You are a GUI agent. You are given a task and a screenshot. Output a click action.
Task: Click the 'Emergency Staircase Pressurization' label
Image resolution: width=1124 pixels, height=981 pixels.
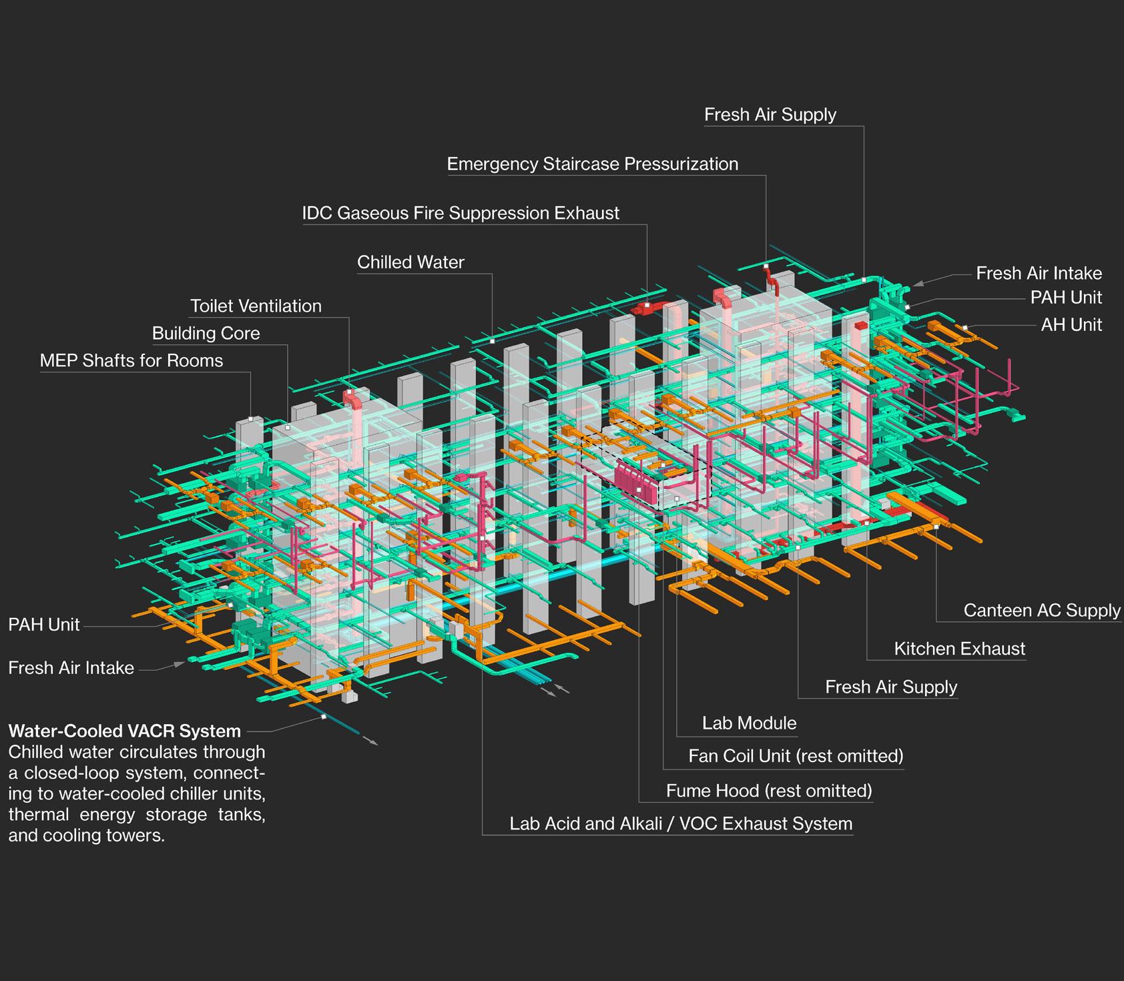pyautogui.click(x=592, y=164)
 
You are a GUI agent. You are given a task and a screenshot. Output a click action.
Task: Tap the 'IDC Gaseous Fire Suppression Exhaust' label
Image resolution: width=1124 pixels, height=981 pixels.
pyautogui.click(x=461, y=214)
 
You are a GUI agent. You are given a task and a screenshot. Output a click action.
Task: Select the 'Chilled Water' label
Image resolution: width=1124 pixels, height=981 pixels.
pyautogui.click(x=410, y=262)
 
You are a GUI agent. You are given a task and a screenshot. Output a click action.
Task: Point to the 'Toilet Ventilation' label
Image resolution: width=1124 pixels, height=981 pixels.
pyautogui.click(x=256, y=306)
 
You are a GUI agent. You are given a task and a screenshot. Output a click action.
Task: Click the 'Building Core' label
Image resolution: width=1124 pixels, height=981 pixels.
pyautogui.click(x=206, y=334)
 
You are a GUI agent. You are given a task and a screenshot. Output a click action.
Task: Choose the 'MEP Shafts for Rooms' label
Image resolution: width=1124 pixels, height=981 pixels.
pyautogui.click(x=131, y=361)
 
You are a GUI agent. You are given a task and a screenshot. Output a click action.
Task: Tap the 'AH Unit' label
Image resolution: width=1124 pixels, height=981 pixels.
pyautogui.click(x=1071, y=325)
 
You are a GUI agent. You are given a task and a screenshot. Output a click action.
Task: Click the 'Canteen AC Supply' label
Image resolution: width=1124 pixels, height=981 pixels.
pyautogui.click(x=1041, y=611)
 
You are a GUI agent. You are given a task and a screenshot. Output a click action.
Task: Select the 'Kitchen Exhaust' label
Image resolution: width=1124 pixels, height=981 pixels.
pyautogui.click(x=959, y=649)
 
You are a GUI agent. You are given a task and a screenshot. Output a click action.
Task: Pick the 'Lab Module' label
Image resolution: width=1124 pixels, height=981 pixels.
pyautogui.click(x=749, y=723)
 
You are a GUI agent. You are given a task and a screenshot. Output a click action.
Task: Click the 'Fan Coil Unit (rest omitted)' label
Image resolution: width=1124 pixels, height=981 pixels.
pyautogui.click(x=796, y=756)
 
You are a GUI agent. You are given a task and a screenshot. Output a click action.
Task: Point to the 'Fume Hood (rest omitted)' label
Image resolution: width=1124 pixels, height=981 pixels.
pyautogui.click(x=769, y=791)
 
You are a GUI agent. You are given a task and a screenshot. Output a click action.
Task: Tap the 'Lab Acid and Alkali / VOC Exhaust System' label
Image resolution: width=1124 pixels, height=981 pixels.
pyautogui.click(x=681, y=824)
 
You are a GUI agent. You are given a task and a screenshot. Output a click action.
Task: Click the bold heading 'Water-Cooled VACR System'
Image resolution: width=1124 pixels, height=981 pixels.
pyautogui.click(x=124, y=731)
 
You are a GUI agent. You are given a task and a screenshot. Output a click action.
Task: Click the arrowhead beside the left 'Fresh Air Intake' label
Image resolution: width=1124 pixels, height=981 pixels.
pyautogui.click(x=180, y=664)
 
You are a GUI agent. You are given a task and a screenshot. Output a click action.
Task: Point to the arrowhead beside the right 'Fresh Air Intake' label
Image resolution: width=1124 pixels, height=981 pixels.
pyautogui.click(x=918, y=284)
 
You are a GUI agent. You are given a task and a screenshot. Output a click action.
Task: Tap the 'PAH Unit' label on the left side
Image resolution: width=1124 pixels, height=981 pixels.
pyautogui.click(x=44, y=625)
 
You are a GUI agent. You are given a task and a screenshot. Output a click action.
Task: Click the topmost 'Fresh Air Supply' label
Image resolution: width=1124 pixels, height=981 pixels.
pyautogui.click(x=770, y=115)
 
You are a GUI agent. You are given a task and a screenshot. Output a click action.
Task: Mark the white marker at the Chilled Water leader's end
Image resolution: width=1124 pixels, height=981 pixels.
pyautogui.click(x=492, y=341)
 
